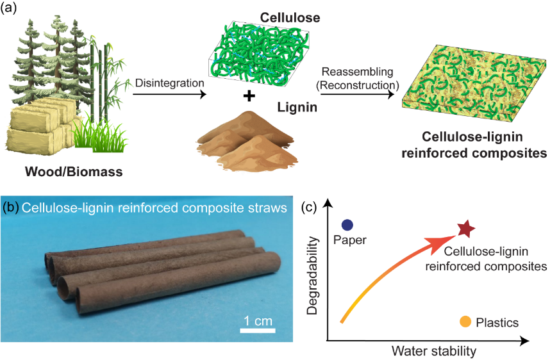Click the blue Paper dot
pyautogui.click(x=347, y=225)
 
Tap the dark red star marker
pyautogui.click(x=466, y=228)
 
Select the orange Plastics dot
pyautogui.click(x=465, y=322)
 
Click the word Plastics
pyautogui.click(x=497, y=323)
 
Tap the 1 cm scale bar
pyautogui.click(x=258, y=331)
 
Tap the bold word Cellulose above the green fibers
pyautogui.click(x=281, y=15)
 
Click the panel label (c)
pyautogui.click(x=310, y=207)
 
